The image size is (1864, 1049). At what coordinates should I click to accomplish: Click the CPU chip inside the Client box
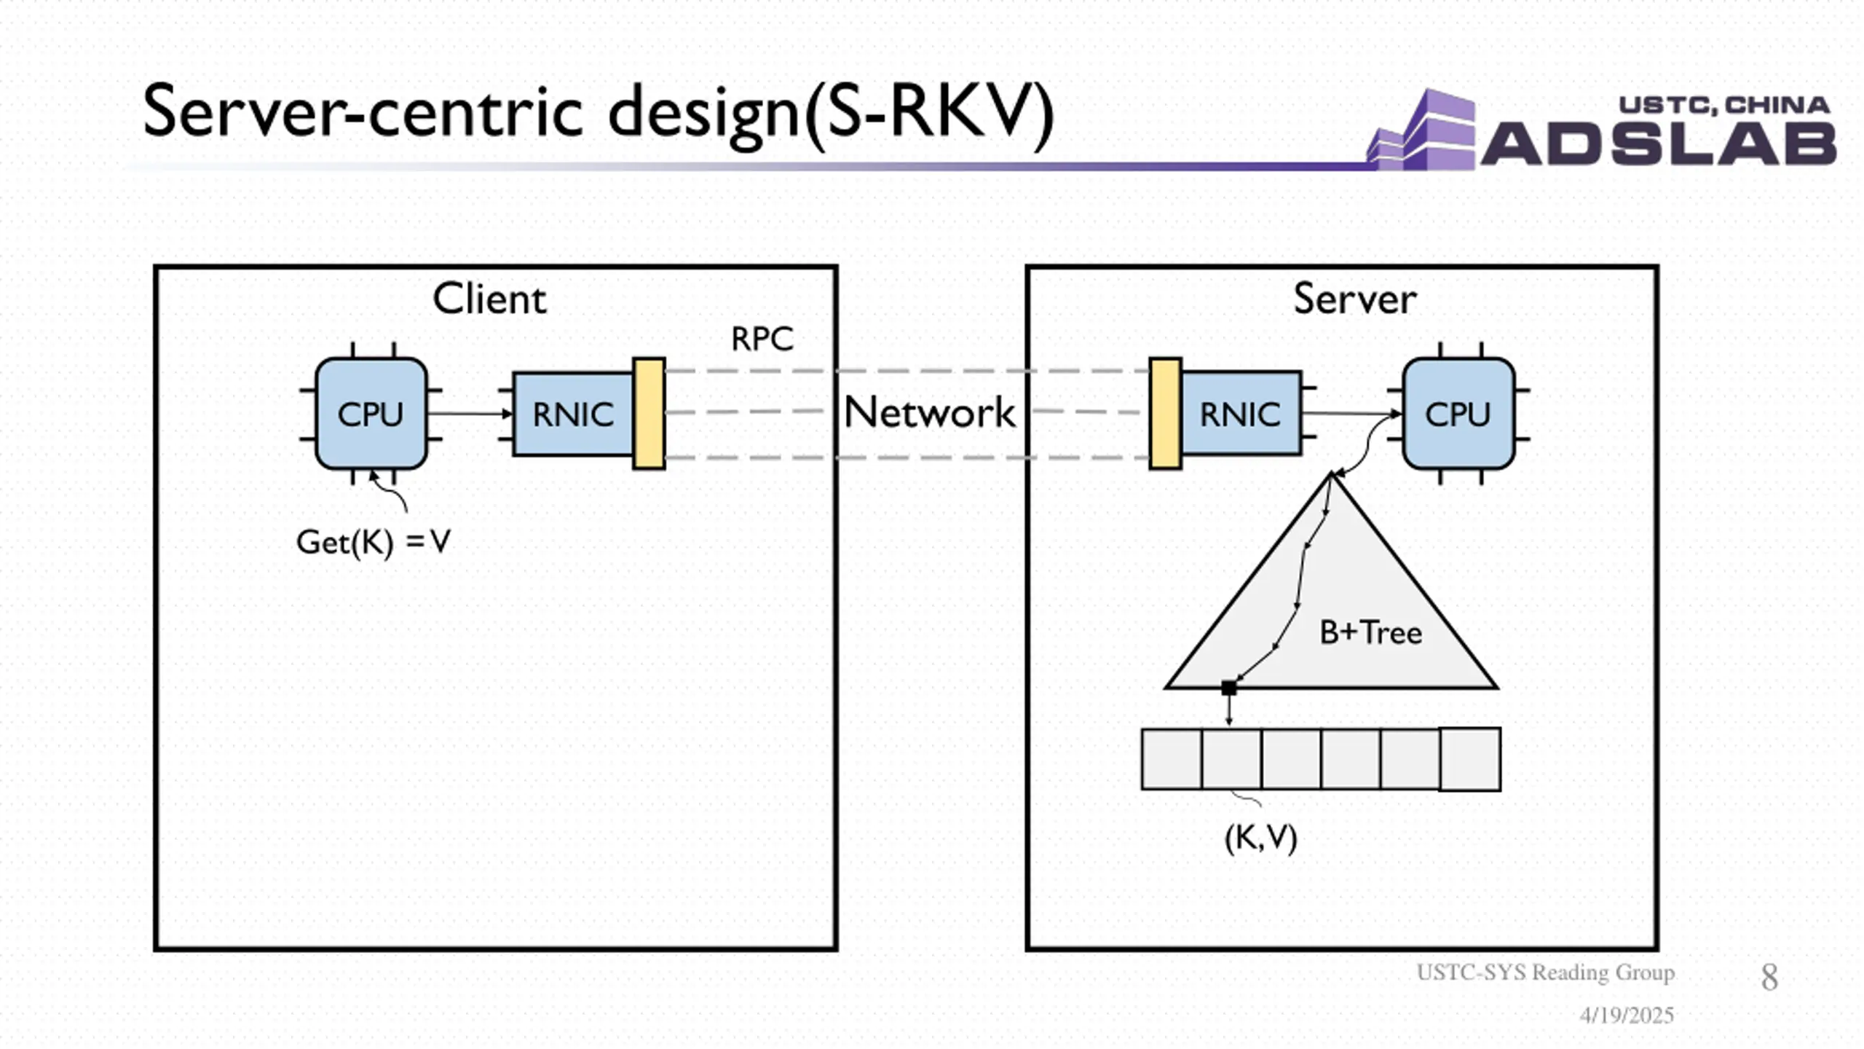[371, 413]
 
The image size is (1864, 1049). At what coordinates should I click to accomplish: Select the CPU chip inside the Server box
[1458, 413]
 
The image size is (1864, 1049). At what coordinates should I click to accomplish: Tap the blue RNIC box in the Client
[573, 414]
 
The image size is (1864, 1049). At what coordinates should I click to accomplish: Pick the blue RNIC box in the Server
[1241, 413]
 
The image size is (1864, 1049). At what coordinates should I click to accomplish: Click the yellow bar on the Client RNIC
[649, 413]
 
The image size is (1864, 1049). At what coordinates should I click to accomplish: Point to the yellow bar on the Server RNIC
[1165, 413]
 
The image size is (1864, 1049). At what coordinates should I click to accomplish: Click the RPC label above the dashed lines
[762, 339]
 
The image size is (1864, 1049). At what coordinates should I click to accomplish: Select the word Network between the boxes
[929, 412]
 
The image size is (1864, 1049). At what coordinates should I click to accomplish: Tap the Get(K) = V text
[374, 543]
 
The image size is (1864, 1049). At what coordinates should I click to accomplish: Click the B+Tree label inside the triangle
[1370, 632]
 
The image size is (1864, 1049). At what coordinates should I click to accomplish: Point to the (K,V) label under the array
[1261, 838]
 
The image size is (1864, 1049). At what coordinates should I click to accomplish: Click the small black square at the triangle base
[1229, 688]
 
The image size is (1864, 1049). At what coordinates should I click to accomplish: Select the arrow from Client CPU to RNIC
[470, 414]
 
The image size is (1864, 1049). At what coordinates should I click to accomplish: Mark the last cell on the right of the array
[1470, 759]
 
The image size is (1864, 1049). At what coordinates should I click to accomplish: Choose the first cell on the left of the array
[1172, 759]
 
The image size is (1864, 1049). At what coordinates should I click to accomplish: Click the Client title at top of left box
[489, 299]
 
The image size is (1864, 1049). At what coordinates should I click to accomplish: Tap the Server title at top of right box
[1355, 299]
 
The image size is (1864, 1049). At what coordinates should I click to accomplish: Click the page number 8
[1769, 977]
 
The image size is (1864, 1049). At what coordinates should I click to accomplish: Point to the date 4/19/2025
[1627, 1015]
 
